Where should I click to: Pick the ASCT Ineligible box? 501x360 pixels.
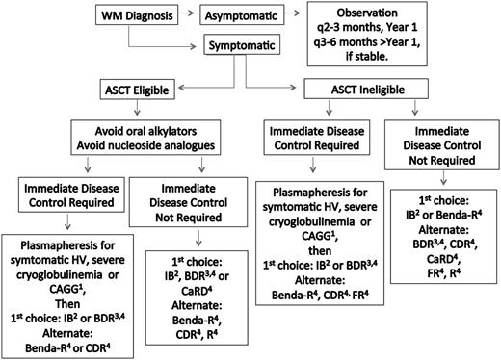click(x=358, y=88)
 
